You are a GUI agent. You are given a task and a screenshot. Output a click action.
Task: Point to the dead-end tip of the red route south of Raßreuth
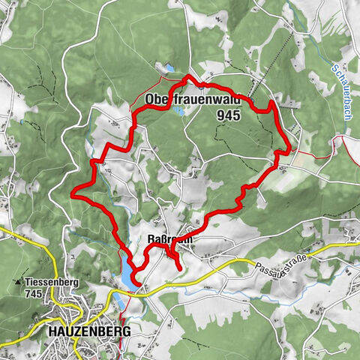pyautogui.click(x=179, y=267)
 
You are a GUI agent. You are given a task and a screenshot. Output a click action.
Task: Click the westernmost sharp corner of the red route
pyautogui.click(x=73, y=194)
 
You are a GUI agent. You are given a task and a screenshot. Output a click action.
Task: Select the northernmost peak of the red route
pyautogui.click(x=188, y=77)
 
